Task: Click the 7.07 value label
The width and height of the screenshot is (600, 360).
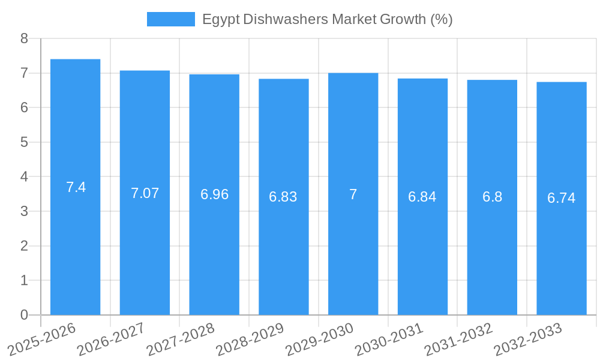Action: [x=145, y=193]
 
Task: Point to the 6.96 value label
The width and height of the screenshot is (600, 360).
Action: [x=214, y=194]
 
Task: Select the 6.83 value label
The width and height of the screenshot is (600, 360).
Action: [x=283, y=197]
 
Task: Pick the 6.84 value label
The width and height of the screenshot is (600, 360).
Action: [x=422, y=197]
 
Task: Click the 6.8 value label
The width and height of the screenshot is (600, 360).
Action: [x=492, y=197]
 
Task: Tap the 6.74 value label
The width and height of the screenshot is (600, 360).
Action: [x=561, y=198]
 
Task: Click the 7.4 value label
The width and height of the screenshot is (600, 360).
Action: [x=76, y=187]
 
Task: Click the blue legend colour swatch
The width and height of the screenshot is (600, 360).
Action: [x=170, y=19]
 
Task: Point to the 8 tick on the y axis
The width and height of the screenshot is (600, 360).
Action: [x=24, y=38]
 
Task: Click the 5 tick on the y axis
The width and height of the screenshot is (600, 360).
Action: [x=24, y=142]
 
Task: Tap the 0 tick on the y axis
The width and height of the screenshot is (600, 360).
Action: [x=24, y=315]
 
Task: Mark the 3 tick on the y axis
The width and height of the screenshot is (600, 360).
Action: [x=24, y=211]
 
